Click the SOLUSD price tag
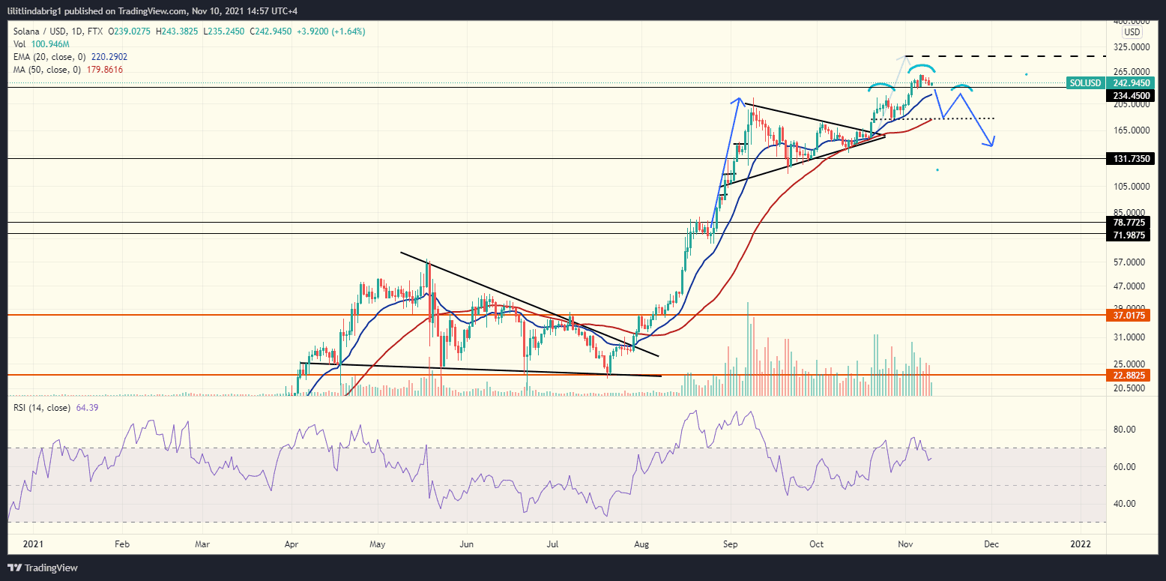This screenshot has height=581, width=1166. [x=1084, y=83]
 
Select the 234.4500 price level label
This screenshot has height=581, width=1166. [x=1133, y=96]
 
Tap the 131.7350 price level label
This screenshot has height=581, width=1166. [x=1133, y=159]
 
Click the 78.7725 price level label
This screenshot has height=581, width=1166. [x=1133, y=223]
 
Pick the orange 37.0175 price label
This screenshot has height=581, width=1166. [x=1133, y=316]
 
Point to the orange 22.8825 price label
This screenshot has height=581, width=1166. [x=1133, y=376]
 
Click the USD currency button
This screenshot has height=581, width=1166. [x=1132, y=33]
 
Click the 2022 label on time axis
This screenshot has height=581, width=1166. [x=1080, y=545]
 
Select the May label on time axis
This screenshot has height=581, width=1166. [x=378, y=545]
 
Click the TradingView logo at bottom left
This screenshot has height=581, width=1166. [x=42, y=568]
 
